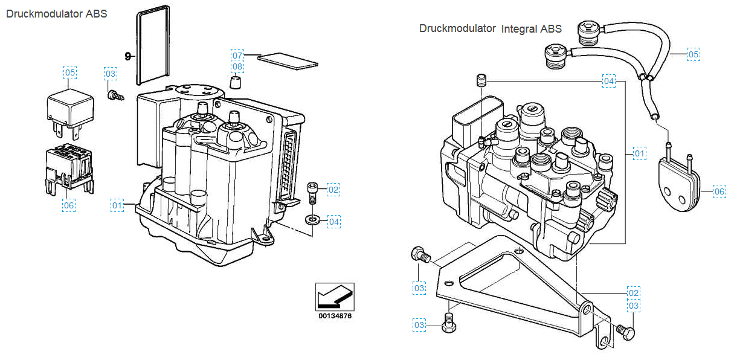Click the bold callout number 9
(127, 56)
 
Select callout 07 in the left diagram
(237, 54)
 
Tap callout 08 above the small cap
(237, 66)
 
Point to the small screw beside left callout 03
(114, 95)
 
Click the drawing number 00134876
(335, 315)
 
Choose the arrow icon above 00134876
(335, 295)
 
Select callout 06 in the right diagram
(719, 191)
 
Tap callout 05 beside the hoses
(694, 54)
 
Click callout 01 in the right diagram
(640, 154)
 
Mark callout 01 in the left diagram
(117, 205)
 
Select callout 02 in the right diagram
(633, 293)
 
